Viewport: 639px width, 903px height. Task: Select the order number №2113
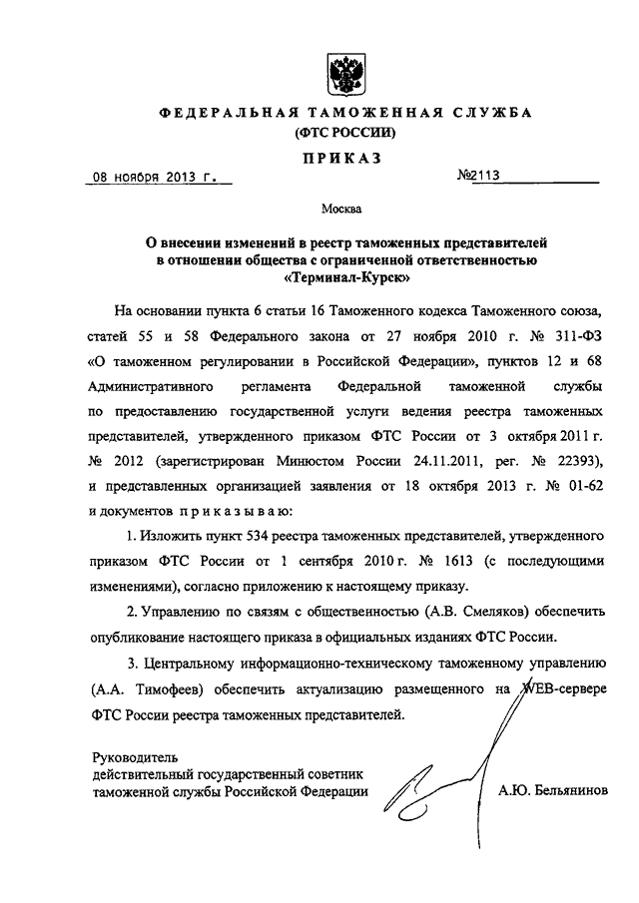(x=477, y=178)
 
